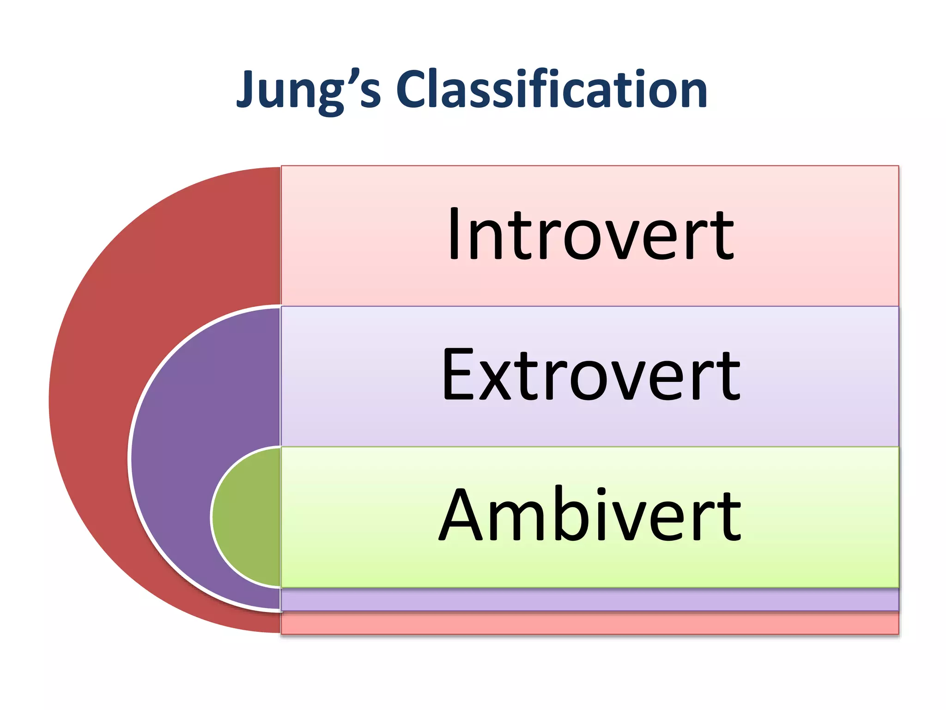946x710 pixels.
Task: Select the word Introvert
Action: point(590,234)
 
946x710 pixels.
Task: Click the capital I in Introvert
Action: point(454,234)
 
